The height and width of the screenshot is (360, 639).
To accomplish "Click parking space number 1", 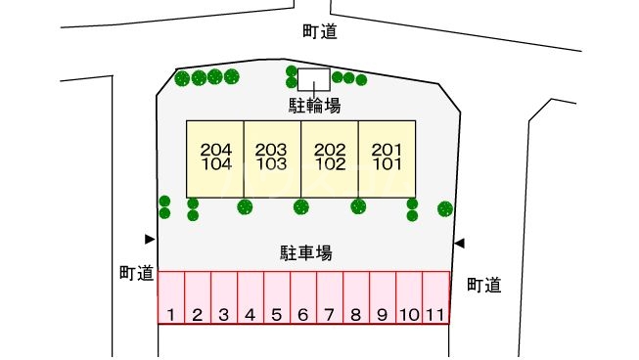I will [x=171, y=297].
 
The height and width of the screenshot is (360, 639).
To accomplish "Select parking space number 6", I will [x=303, y=297].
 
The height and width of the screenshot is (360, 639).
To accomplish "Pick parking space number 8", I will [x=356, y=297].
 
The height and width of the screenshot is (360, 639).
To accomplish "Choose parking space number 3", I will [x=224, y=297].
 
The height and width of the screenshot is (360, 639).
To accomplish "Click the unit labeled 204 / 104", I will [x=215, y=157].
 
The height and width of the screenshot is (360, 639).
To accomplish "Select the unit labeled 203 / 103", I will [x=272, y=157].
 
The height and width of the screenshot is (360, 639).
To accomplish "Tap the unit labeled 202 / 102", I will [x=330, y=157].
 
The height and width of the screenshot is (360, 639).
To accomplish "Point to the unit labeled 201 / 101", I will [x=388, y=157].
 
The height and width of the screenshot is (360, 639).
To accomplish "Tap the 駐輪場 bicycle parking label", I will [x=313, y=105].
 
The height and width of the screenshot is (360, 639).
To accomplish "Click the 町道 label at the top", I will [x=320, y=31].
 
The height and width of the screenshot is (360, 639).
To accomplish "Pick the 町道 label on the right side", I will [x=484, y=285].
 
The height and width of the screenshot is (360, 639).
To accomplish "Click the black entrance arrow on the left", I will [x=150, y=239].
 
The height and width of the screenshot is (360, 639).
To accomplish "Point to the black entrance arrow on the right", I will [x=459, y=243].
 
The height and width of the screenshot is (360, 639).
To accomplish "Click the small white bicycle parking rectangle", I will [x=313, y=78].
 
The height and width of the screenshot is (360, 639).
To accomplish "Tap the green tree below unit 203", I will [x=245, y=206].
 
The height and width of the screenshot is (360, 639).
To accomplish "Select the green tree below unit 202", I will [x=301, y=206].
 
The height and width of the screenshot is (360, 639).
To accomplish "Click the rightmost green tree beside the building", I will [x=445, y=208].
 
